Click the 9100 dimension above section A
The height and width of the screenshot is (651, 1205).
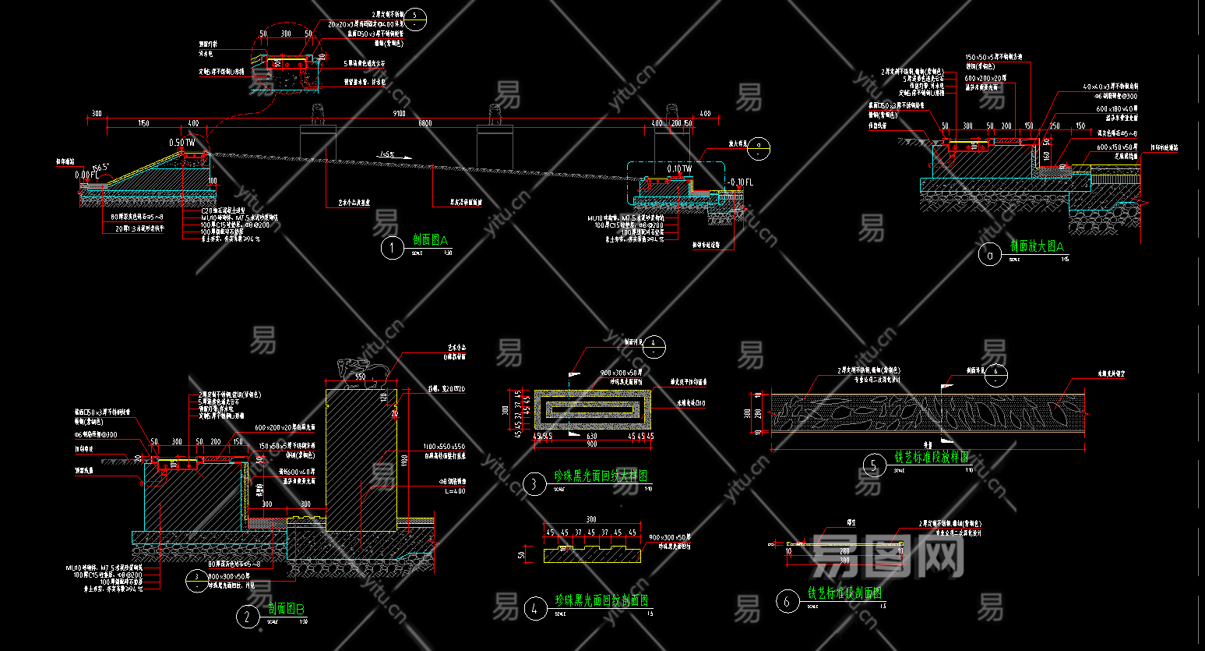click(x=399, y=114)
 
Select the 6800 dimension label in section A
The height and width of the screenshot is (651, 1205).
click(x=425, y=123)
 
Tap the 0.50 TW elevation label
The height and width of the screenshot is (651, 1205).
click(x=182, y=143)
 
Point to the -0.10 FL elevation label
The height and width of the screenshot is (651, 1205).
click(x=741, y=182)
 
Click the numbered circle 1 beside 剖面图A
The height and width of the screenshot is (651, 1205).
click(x=392, y=248)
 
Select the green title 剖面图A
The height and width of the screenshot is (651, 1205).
click(x=431, y=240)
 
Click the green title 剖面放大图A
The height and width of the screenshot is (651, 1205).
click(x=1037, y=246)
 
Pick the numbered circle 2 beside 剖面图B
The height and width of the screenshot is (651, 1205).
click(x=247, y=617)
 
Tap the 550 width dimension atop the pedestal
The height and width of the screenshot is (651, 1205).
click(x=360, y=377)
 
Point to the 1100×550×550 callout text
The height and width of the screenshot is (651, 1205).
click(x=444, y=447)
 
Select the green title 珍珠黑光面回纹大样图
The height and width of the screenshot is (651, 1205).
click(x=601, y=476)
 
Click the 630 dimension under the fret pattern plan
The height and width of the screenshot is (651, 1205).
click(x=592, y=437)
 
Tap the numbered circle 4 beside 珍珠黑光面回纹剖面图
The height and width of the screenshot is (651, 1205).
click(x=535, y=608)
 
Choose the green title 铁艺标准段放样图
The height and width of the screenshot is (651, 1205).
click(x=931, y=458)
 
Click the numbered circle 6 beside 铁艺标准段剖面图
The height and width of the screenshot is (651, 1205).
click(x=787, y=601)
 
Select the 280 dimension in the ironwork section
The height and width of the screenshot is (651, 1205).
click(x=845, y=551)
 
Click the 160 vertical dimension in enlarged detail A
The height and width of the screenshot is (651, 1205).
click(x=1045, y=155)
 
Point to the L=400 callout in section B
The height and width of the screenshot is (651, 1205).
click(x=455, y=491)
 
